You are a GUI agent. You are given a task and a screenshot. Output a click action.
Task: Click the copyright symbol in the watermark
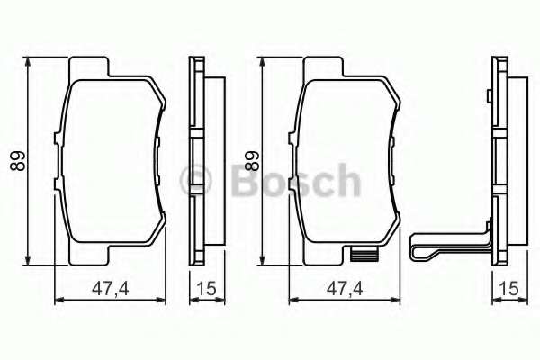click(x=195, y=181)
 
